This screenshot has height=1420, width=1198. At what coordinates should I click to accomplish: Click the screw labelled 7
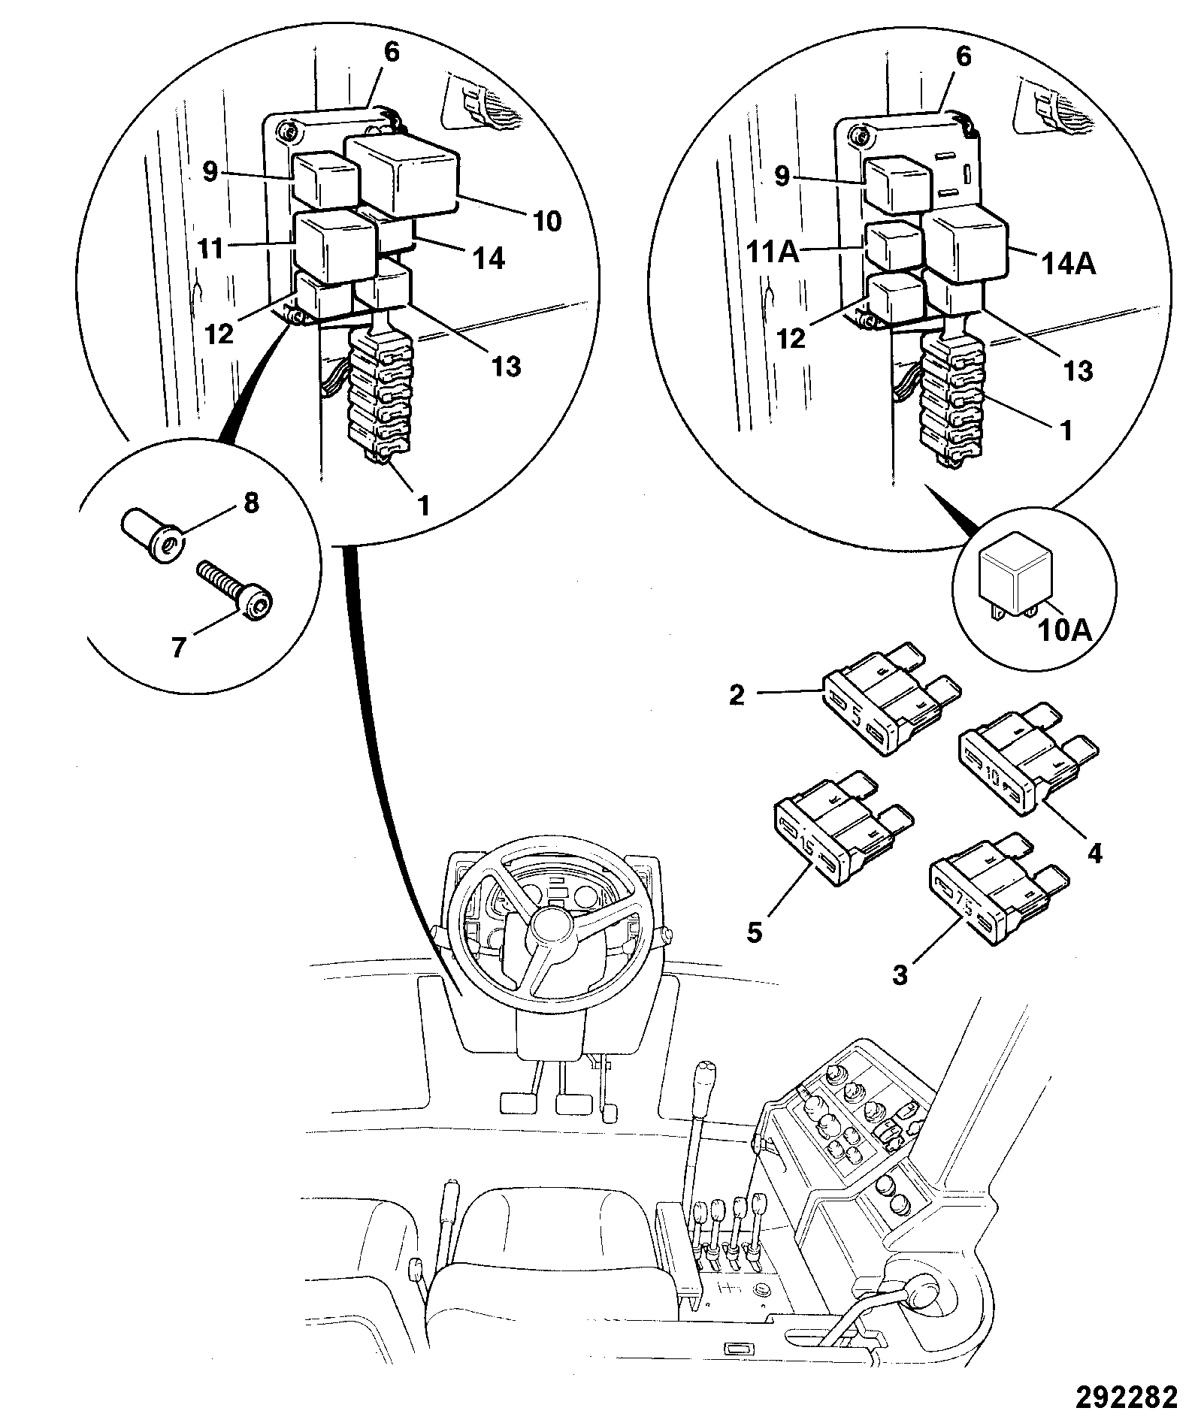click(x=235, y=588)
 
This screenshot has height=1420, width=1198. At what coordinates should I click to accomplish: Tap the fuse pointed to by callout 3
click(x=998, y=890)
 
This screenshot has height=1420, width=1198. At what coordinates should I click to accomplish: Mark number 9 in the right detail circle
click(x=782, y=178)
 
